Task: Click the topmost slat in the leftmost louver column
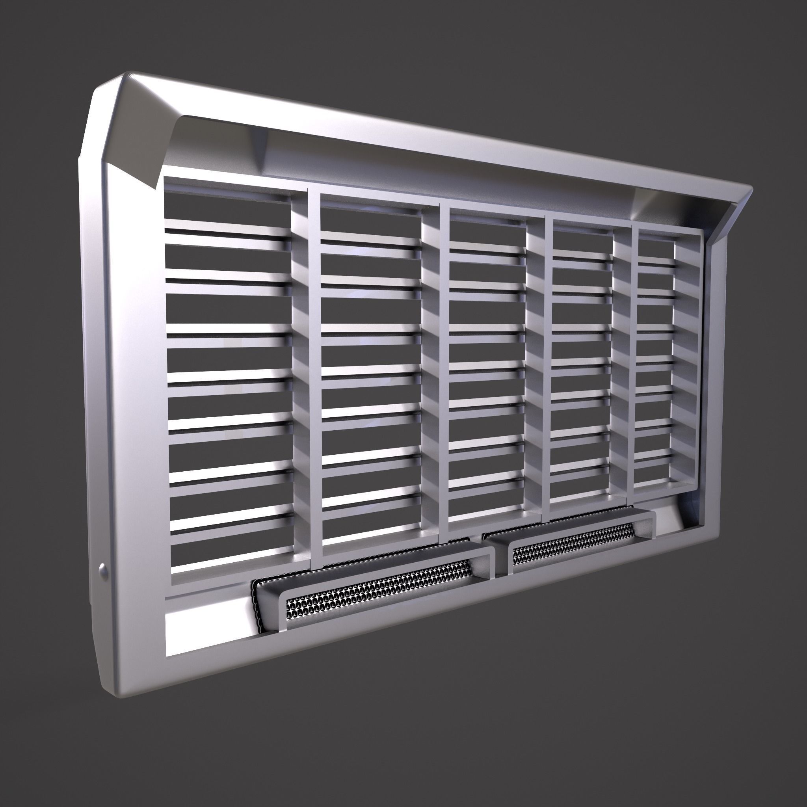tap(228, 228)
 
